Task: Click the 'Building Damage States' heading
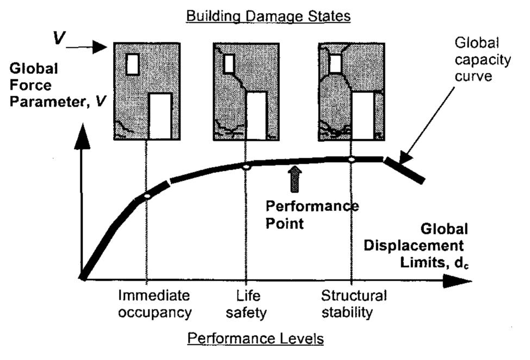(269, 16)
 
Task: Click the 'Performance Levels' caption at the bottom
(255, 339)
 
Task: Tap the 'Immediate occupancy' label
(155, 304)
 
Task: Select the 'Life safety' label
(248, 304)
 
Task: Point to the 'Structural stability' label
(354, 304)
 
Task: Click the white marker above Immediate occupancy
(146, 195)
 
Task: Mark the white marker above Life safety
(246, 167)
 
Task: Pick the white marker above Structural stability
(351, 159)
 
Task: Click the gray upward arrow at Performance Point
(294, 180)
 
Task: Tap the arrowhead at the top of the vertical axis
(82, 140)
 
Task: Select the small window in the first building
(132, 64)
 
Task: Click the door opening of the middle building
(256, 115)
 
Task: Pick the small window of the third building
(335, 64)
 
